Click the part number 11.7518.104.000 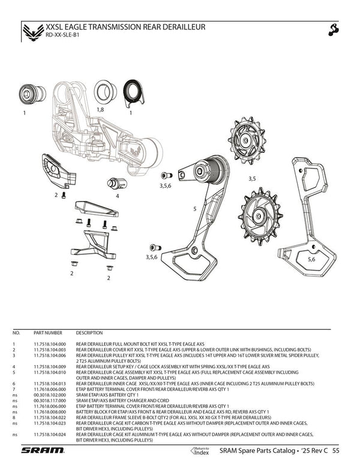coord(50,344)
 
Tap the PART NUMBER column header coord(48,332)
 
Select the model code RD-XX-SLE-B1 coord(62,35)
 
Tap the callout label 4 coord(117,196)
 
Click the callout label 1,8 coord(101,111)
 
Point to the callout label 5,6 coord(311,260)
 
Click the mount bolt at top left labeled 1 coord(29,95)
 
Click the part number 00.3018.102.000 coord(50,395)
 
